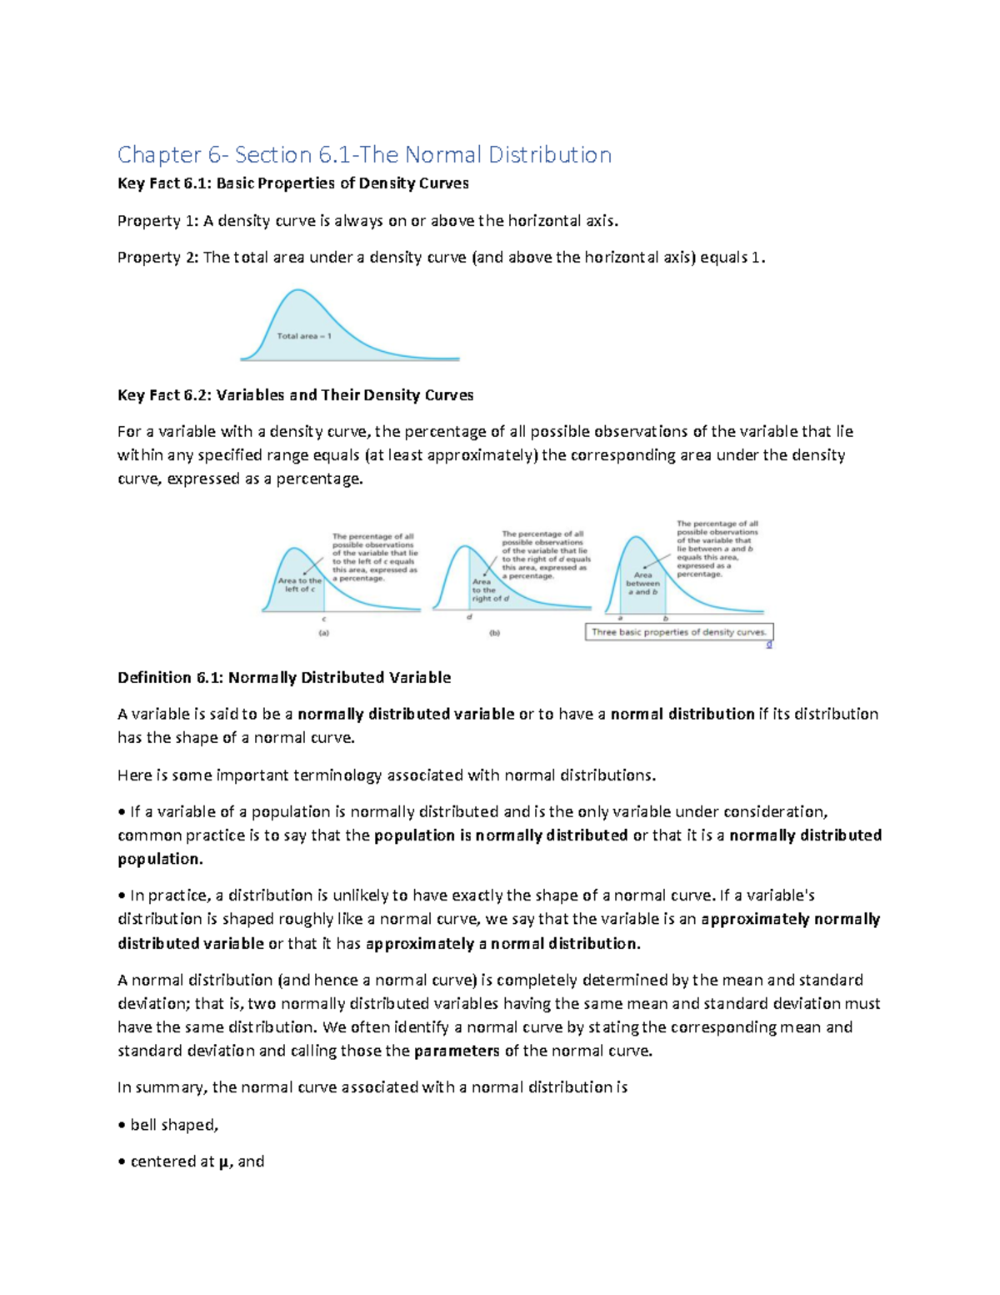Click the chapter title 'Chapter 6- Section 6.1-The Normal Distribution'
pyautogui.click(x=364, y=154)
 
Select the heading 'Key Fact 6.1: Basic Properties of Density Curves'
pyautogui.click(x=292, y=183)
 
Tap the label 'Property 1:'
pyautogui.click(x=157, y=221)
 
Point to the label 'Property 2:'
pyautogui.click(x=157, y=258)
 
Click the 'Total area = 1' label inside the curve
pyautogui.click(x=303, y=336)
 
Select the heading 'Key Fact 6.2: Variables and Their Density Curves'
pyautogui.click(x=295, y=395)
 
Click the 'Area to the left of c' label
pyautogui.click(x=299, y=585)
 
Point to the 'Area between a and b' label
pyautogui.click(x=642, y=584)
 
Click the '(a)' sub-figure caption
pyautogui.click(x=323, y=633)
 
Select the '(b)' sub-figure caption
pyautogui.click(x=494, y=633)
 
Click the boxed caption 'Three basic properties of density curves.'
pyautogui.click(x=678, y=632)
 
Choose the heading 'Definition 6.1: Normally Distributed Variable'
pyautogui.click(x=283, y=678)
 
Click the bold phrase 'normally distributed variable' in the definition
pyautogui.click(x=406, y=715)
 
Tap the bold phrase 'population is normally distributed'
pyautogui.click(x=501, y=836)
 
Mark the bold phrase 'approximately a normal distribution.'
pyautogui.click(x=503, y=944)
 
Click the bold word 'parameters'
pyautogui.click(x=457, y=1051)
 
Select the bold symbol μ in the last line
pyautogui.click(x=223, y=1162)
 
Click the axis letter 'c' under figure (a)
pyautogui.click(x=323, y=620)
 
